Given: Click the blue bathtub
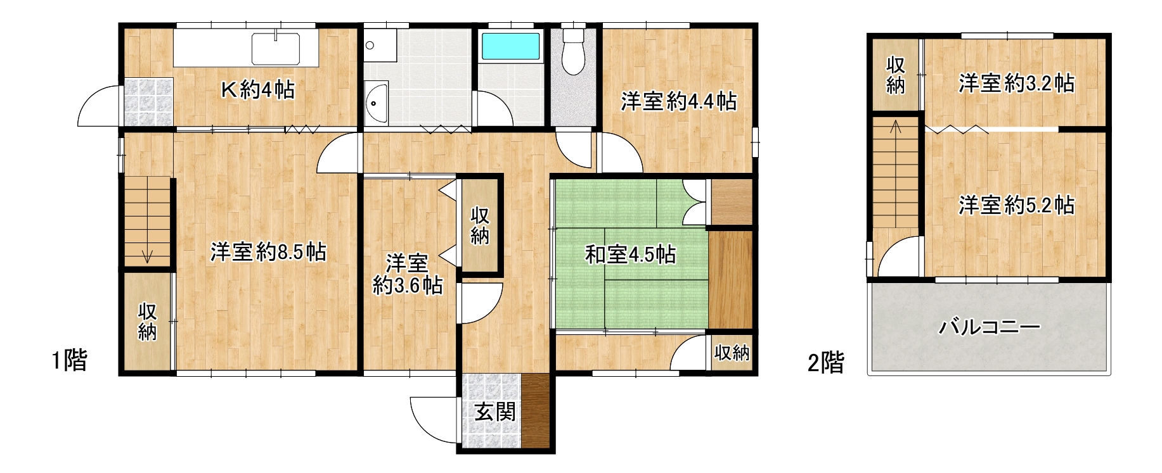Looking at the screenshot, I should tap(511, 46).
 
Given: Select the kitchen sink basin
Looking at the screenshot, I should tap(276, 49).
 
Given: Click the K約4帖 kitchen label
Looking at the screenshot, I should tap(257, 90).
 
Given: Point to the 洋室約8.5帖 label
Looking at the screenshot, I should tap(268, 252).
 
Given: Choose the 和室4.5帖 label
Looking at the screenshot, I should tap(630, 255).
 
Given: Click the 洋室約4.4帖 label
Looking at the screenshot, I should tap(678, 101).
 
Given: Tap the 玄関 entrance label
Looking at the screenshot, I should tap(495, 412).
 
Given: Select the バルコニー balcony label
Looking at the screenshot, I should tap(990, 327).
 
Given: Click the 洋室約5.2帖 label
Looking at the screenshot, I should tap(1016, 205).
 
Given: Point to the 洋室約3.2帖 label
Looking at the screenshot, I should tap(1016, 83).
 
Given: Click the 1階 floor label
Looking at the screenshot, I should tap(69, 360).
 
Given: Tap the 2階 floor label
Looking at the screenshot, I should tap(825, 363).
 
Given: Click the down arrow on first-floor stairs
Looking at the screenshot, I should tap(148, 255).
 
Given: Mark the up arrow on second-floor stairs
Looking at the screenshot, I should tap(895, 126).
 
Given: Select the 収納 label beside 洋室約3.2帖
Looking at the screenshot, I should tap(895, 75).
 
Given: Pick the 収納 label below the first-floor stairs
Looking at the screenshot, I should tap(147, 322).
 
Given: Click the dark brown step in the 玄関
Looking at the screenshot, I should tap(536, 412).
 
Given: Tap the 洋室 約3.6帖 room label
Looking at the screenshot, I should tap(408, 274).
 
